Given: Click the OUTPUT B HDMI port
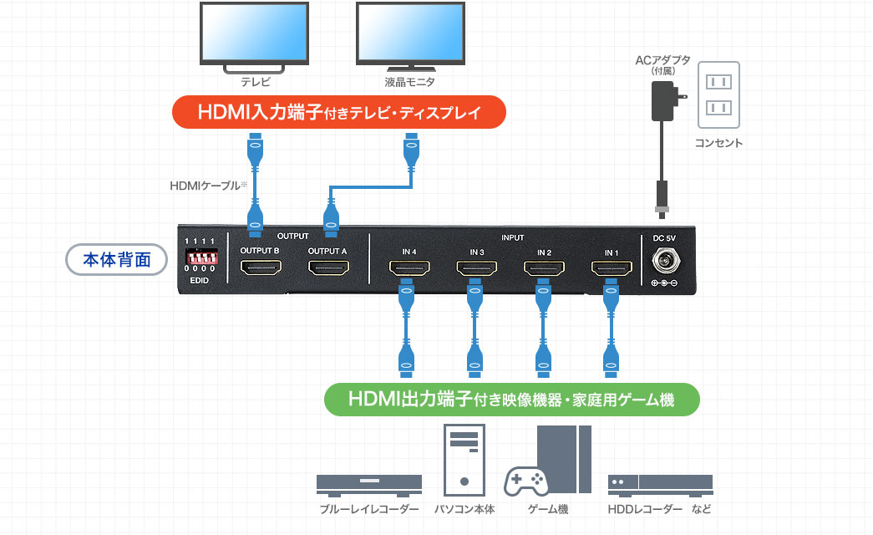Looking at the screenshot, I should (x=260, y=269).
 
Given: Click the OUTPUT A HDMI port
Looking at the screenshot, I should (x=328, y=269).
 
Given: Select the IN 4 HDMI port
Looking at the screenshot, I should (x=409, y=269).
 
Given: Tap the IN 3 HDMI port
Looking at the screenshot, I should (x=476, y=269).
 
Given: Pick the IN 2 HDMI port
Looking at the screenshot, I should (x=544, y=269).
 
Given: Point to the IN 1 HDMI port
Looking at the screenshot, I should (x=612, y=269).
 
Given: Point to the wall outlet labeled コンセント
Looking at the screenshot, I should (x=718, y=95).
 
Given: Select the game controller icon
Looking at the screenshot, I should (x=526, y=481).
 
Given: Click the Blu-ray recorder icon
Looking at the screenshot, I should (x=369, y=484).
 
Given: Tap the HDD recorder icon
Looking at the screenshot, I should (x=660, y=484).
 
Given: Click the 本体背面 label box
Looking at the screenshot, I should (x=117, y=260).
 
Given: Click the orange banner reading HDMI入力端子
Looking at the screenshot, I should (x=339, y=112).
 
